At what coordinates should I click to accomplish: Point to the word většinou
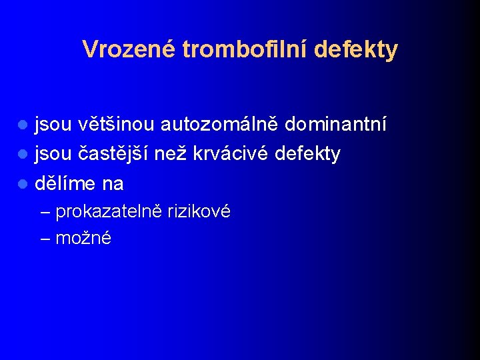coord(116,125)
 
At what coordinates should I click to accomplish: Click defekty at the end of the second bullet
coord(307,154)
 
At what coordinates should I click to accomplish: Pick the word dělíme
coord(65,183)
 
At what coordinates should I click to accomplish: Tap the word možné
coord(83,238)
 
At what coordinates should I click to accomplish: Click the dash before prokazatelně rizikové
coord(45,213)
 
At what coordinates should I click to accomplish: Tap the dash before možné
coord(45,238)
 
